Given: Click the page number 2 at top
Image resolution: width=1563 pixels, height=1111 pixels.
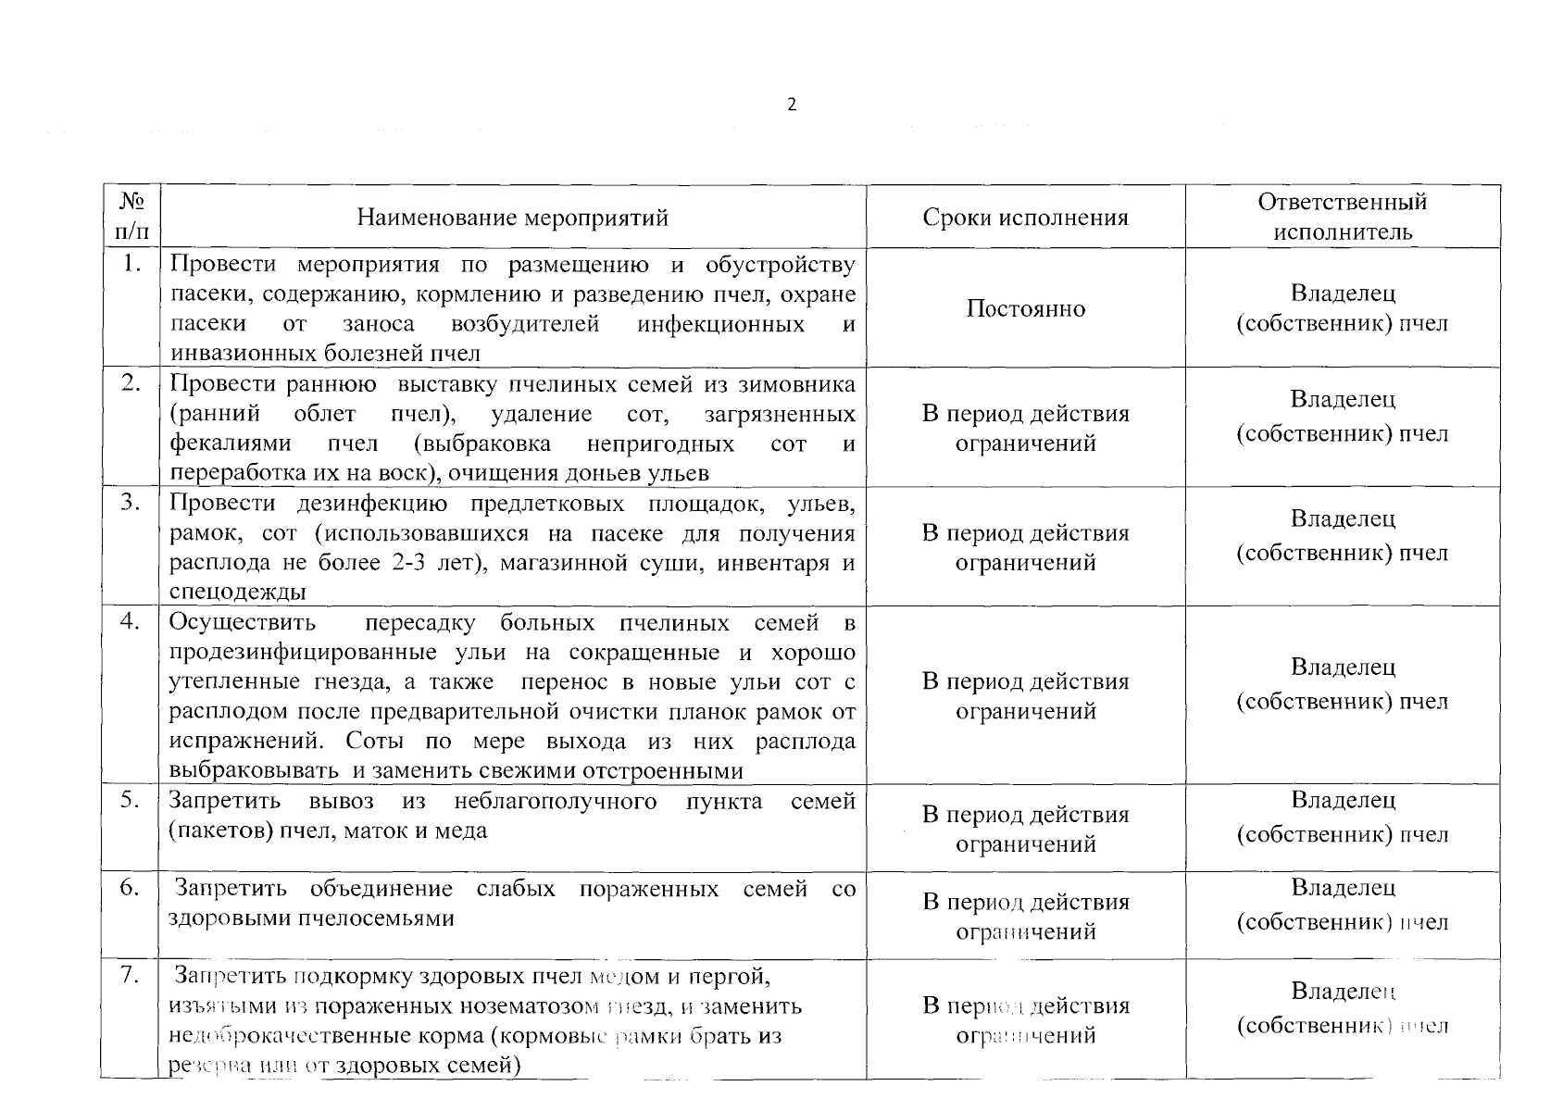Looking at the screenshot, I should (x=791, y=105).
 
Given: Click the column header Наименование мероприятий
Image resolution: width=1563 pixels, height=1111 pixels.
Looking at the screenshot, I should (x=512, y=218).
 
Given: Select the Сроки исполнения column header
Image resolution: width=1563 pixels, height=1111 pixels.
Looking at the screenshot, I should (x=1025, y=218).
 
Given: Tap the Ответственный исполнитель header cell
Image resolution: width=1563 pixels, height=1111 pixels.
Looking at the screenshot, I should (x=1342, y=217).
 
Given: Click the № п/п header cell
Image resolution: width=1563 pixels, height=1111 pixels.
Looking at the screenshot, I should (x=130, y=216).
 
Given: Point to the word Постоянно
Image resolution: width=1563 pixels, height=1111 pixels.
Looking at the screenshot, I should (x=1025, y=308).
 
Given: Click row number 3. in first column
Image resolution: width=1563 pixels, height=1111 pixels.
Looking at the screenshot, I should (x=131, y=503).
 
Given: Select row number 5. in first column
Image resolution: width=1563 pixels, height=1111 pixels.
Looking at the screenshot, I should (x=131, y=800).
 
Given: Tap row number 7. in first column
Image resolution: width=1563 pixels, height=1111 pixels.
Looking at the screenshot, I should (x=131, y=975).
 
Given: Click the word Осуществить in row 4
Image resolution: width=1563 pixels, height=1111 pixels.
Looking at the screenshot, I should (x=243, y=622).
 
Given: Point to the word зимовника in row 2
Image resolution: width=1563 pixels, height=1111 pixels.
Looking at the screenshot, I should (x=802, y=384).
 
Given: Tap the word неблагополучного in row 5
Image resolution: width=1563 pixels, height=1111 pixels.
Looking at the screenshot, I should (x=556, y=801).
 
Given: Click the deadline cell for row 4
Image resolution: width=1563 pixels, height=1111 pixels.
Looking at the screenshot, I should (x=1025, y=696).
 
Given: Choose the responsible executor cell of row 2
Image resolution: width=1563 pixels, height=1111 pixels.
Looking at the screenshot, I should (x=1342, y=417).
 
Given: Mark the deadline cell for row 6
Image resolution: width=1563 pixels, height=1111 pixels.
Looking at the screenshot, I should (x=1025, y=917).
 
